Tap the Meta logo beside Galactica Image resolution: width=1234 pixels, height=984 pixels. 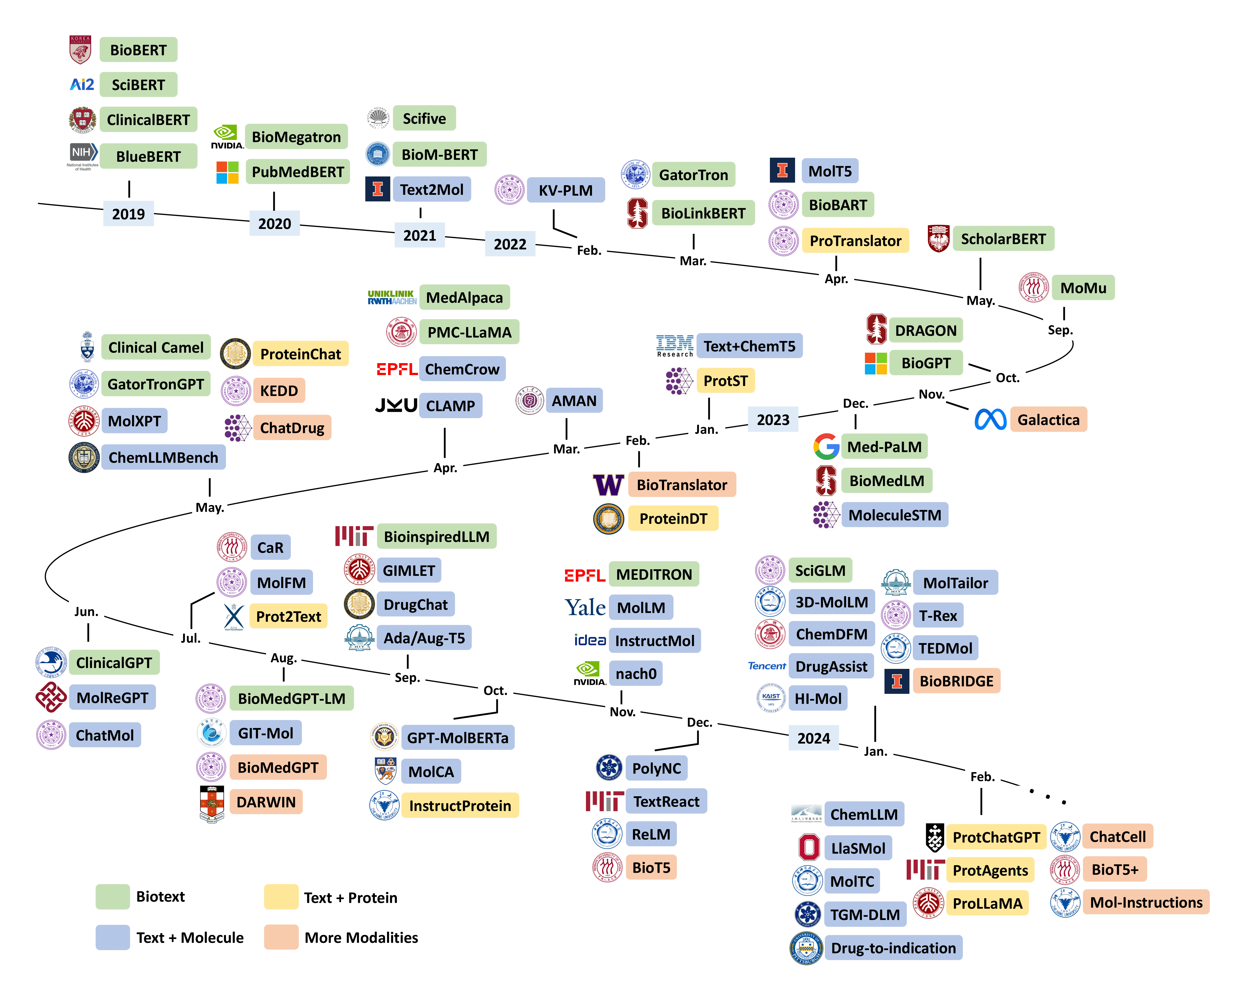click(x=990, y=420)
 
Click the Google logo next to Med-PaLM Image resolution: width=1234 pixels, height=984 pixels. click(x=826, y=447)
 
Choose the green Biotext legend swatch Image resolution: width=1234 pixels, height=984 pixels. click(x=112, y=897)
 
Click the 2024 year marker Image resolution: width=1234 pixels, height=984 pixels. click(x=813, y=738)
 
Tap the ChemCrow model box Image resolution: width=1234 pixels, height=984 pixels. click(x=462, y=369)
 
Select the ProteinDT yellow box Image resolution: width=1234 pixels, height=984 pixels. click(x=673, y=519)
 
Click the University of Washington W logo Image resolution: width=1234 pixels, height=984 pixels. click(x=608, y=485)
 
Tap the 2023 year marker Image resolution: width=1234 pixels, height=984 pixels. click(x=773, y=420)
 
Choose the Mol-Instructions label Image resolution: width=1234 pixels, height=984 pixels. click(x=1146, y=902)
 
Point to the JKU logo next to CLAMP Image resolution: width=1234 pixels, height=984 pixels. click(x=395, y=405)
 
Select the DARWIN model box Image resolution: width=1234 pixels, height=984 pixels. click(x=266, y=802)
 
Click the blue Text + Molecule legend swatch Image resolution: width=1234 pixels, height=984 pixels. click(x=112, y=937)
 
